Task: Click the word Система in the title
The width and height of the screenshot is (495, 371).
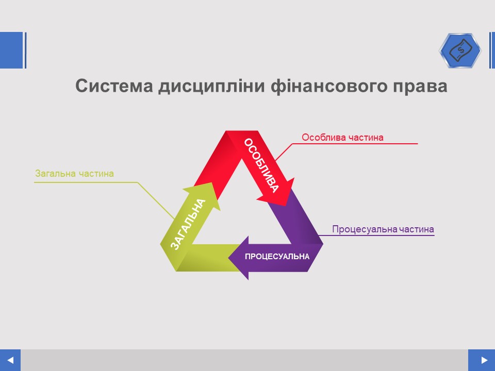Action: point(114,86)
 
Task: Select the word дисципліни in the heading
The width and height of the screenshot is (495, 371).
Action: point(211,87)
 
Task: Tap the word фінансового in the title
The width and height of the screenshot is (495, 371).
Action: point(328,87)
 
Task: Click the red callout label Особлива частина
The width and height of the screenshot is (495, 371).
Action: point(342,137)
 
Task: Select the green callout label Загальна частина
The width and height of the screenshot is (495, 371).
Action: point(74,174)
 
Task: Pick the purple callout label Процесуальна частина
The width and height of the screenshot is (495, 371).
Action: point(383,229)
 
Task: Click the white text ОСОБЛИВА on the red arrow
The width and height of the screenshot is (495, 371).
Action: point(262,165)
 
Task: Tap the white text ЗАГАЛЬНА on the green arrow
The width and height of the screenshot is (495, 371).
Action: point(188,224)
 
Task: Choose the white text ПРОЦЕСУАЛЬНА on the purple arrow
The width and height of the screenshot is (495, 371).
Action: point(277,257)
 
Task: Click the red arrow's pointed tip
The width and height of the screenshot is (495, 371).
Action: point(285,206)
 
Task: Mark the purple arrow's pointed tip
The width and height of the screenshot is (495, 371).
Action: point(228,258)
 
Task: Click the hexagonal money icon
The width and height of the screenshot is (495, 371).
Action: point(460,50)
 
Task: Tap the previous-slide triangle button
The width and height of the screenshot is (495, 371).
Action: point(10,360)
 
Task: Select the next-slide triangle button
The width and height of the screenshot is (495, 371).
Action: point(482,360)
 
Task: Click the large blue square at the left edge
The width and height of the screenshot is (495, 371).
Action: point(11,50)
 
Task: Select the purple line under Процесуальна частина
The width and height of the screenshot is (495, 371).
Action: point(376,235)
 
